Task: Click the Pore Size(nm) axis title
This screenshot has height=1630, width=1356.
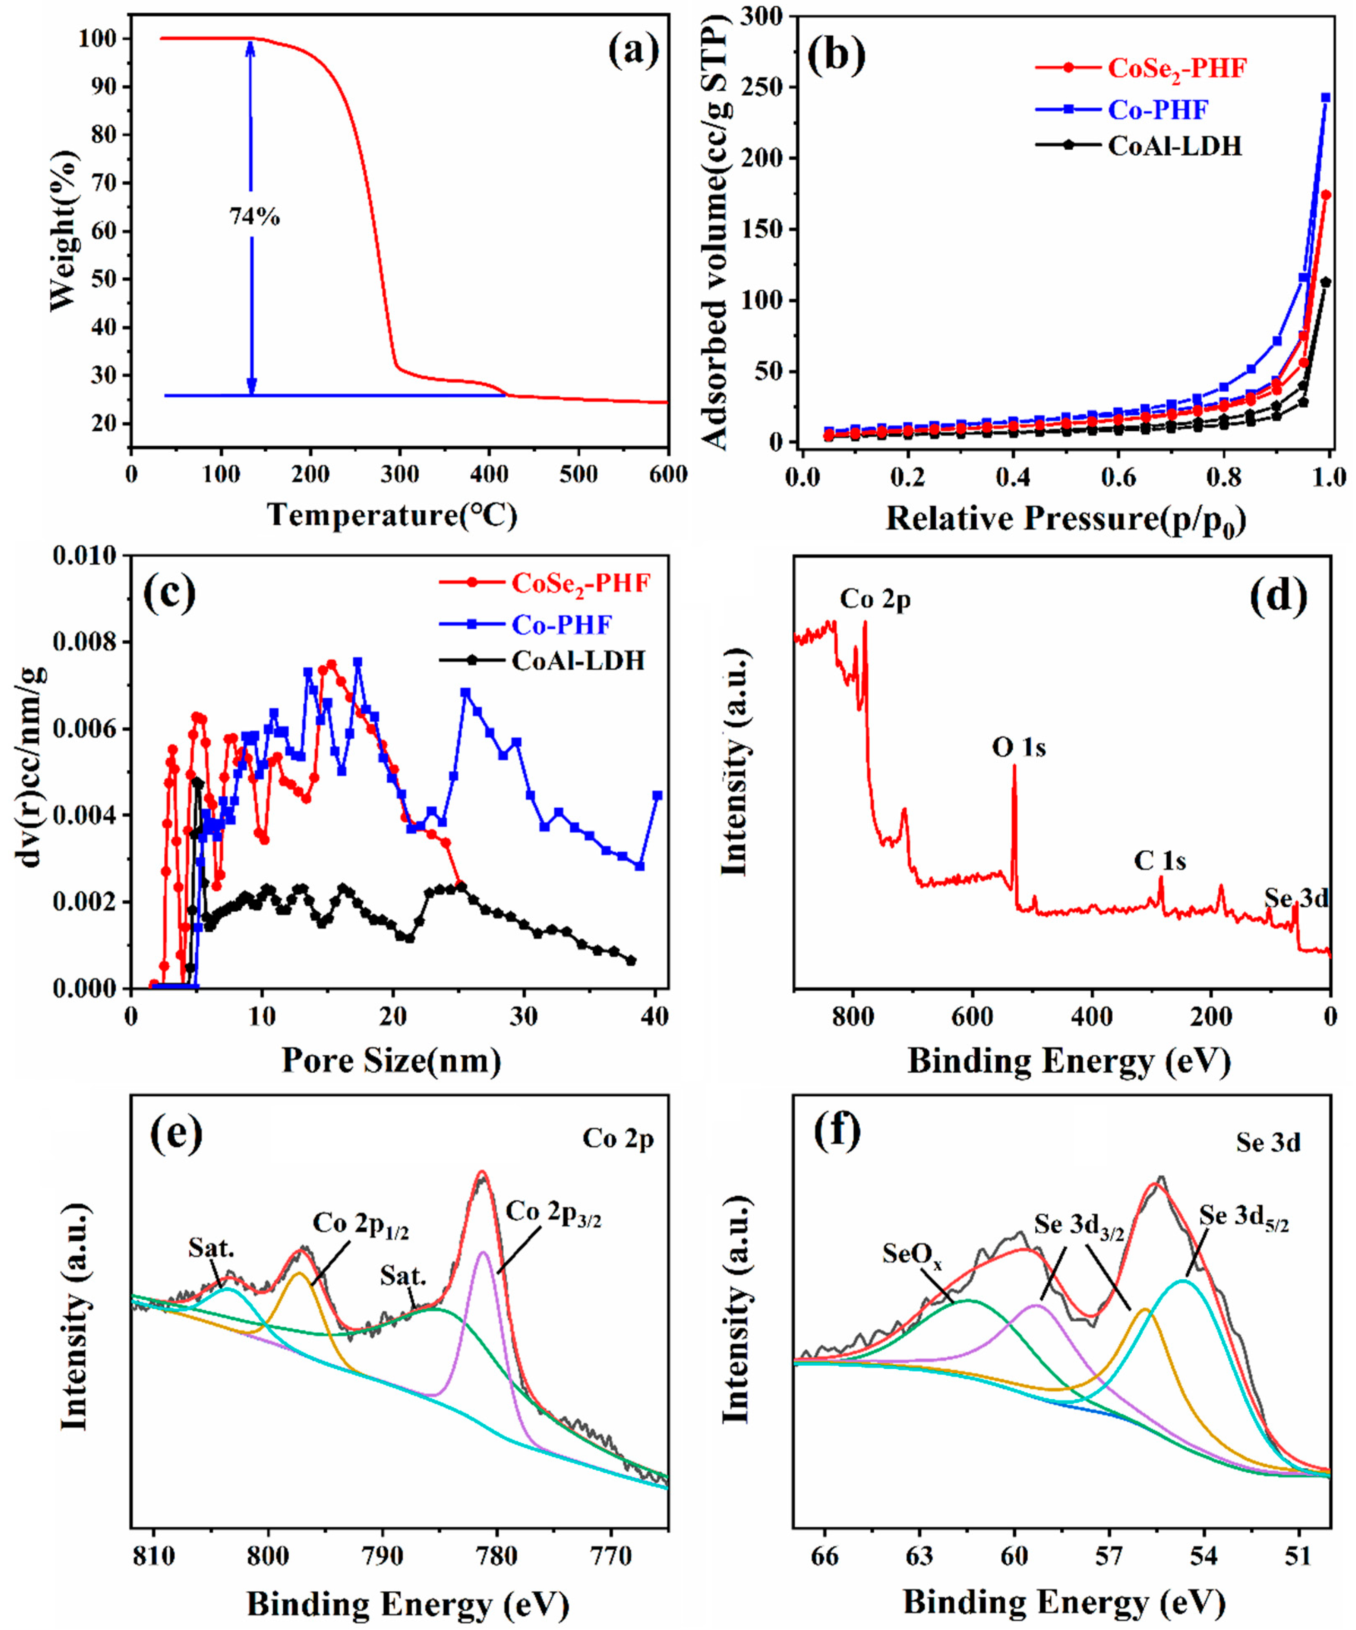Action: point(391,1059)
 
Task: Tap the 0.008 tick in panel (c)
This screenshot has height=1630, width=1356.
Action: point(84,643)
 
